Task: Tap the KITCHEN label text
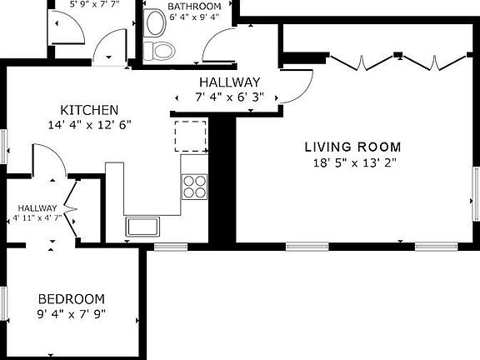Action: coord(89,110)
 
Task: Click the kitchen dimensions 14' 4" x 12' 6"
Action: coord(89,125)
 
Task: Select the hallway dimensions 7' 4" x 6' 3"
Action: coord(230,97)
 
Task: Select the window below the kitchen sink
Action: coord(171,246)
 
